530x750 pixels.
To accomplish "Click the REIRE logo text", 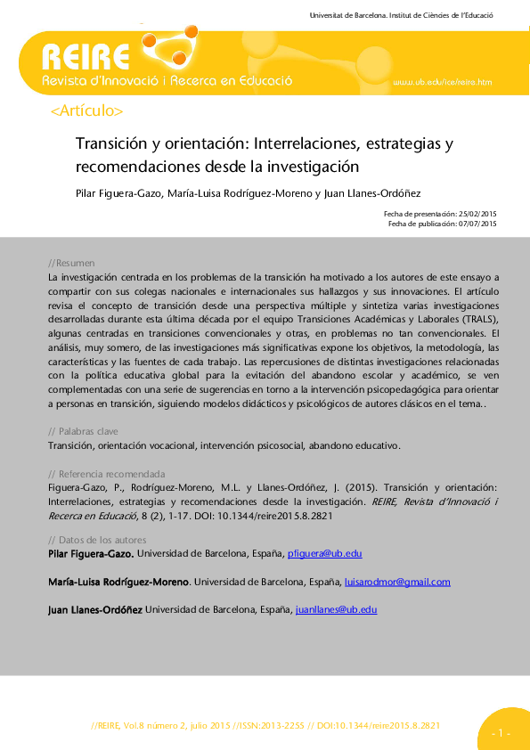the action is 86,58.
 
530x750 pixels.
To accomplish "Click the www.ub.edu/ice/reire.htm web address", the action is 443,83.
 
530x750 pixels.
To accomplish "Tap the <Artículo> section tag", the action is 87,111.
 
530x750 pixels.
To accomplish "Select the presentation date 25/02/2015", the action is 477,214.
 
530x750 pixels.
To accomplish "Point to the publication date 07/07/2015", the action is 477,224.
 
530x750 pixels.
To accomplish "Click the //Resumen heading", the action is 71,264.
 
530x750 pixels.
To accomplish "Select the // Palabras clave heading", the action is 83,431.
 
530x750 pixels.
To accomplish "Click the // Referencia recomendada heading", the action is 106,474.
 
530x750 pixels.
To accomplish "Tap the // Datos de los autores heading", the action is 96,540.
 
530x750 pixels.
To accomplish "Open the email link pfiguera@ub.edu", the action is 324,554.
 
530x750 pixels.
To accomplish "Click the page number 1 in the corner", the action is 500,733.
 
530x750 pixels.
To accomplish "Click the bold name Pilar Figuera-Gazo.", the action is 91,554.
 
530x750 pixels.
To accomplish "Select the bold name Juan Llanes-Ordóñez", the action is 94,609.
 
